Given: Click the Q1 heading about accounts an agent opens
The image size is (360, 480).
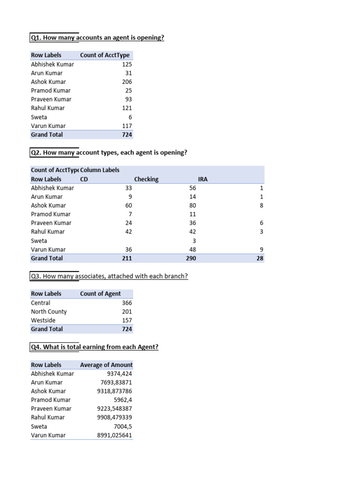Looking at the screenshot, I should point(97,37).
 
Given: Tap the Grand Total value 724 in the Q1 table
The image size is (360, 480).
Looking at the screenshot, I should point(127,135).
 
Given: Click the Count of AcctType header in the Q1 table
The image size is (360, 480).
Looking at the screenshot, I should point(105,55).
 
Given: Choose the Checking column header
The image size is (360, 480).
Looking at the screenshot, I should point(146,179).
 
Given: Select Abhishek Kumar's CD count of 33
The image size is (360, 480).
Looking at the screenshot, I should point(128,188).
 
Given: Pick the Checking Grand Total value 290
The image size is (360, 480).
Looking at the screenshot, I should point(191,258).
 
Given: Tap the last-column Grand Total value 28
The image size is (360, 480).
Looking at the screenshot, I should point(260,258).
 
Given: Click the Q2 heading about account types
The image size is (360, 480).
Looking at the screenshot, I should point(109,152).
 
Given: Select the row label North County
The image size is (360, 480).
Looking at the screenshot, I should point(49,312).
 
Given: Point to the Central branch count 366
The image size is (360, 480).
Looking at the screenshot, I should point(127,303).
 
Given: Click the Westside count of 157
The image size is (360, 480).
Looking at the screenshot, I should point(127,321).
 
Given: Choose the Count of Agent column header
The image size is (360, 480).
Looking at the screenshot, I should point(100,294).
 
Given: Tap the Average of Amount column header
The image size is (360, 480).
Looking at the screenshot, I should point(106,365).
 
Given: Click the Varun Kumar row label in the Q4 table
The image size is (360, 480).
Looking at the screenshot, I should point(48,435).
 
